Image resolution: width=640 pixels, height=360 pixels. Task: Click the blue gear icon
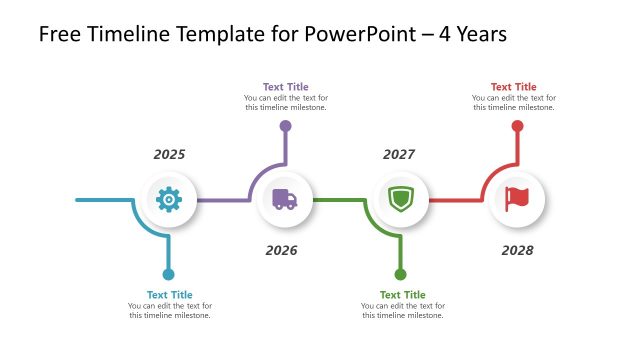pyautogui.click(x=169, y=200)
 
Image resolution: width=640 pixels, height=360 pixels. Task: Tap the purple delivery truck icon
pyautogui.click(x=284, y=200)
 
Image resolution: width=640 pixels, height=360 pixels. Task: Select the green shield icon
pyautogui.click(x=400, y=200)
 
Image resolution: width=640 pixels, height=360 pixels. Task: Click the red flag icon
pyautogui.click(x=516, y=200)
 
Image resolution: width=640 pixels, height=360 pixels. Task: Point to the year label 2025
pyautogui.click(x=169, y=155)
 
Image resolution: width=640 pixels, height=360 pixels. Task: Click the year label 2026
pyautogui.click(x=281, y=250)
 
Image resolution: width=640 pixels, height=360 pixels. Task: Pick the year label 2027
pyautogui.click(x=399, y=155)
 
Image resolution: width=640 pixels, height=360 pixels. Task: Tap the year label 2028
pyautogui.click(x=517, y=250)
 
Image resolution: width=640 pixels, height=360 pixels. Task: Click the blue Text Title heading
pyautogui.click(x=169, y=295)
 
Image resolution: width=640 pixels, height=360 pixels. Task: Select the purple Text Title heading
pyautogui.click(x=285, y=87)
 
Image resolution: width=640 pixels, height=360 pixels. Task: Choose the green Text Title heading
pyautogui.click(x=402, y=295)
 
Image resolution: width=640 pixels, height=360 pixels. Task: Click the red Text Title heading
pyautogui.click(x=513, y=87)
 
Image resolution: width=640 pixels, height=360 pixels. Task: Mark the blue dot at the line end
pyautogui.click(x=168, y=274)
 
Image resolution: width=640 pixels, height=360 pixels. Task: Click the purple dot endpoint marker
pyautogui.click(x=285, y=126)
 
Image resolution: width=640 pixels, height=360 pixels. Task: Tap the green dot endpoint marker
pyautogui.click(x=401, y=274)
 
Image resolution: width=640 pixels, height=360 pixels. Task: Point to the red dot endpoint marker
pyautogui.click(x=517, y=126)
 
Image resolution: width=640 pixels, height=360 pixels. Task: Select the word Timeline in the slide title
pyautogui.click(x=128, y=35)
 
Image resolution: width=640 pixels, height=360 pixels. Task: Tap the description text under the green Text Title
pyautogui.click(x=402, y=310)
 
